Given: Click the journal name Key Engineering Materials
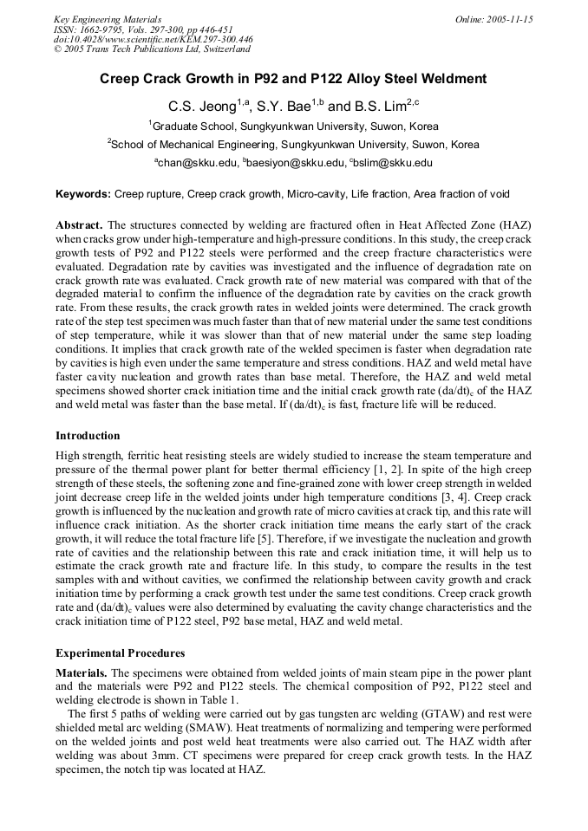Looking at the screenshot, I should click(108, 18).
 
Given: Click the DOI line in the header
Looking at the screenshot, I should click(154, 39).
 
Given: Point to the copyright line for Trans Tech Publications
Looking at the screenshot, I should click(152, 49).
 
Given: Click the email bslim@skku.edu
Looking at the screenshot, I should click(393, 163).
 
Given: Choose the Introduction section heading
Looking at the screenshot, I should click(88, 436).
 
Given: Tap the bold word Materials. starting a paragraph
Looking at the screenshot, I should click(81, 672).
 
